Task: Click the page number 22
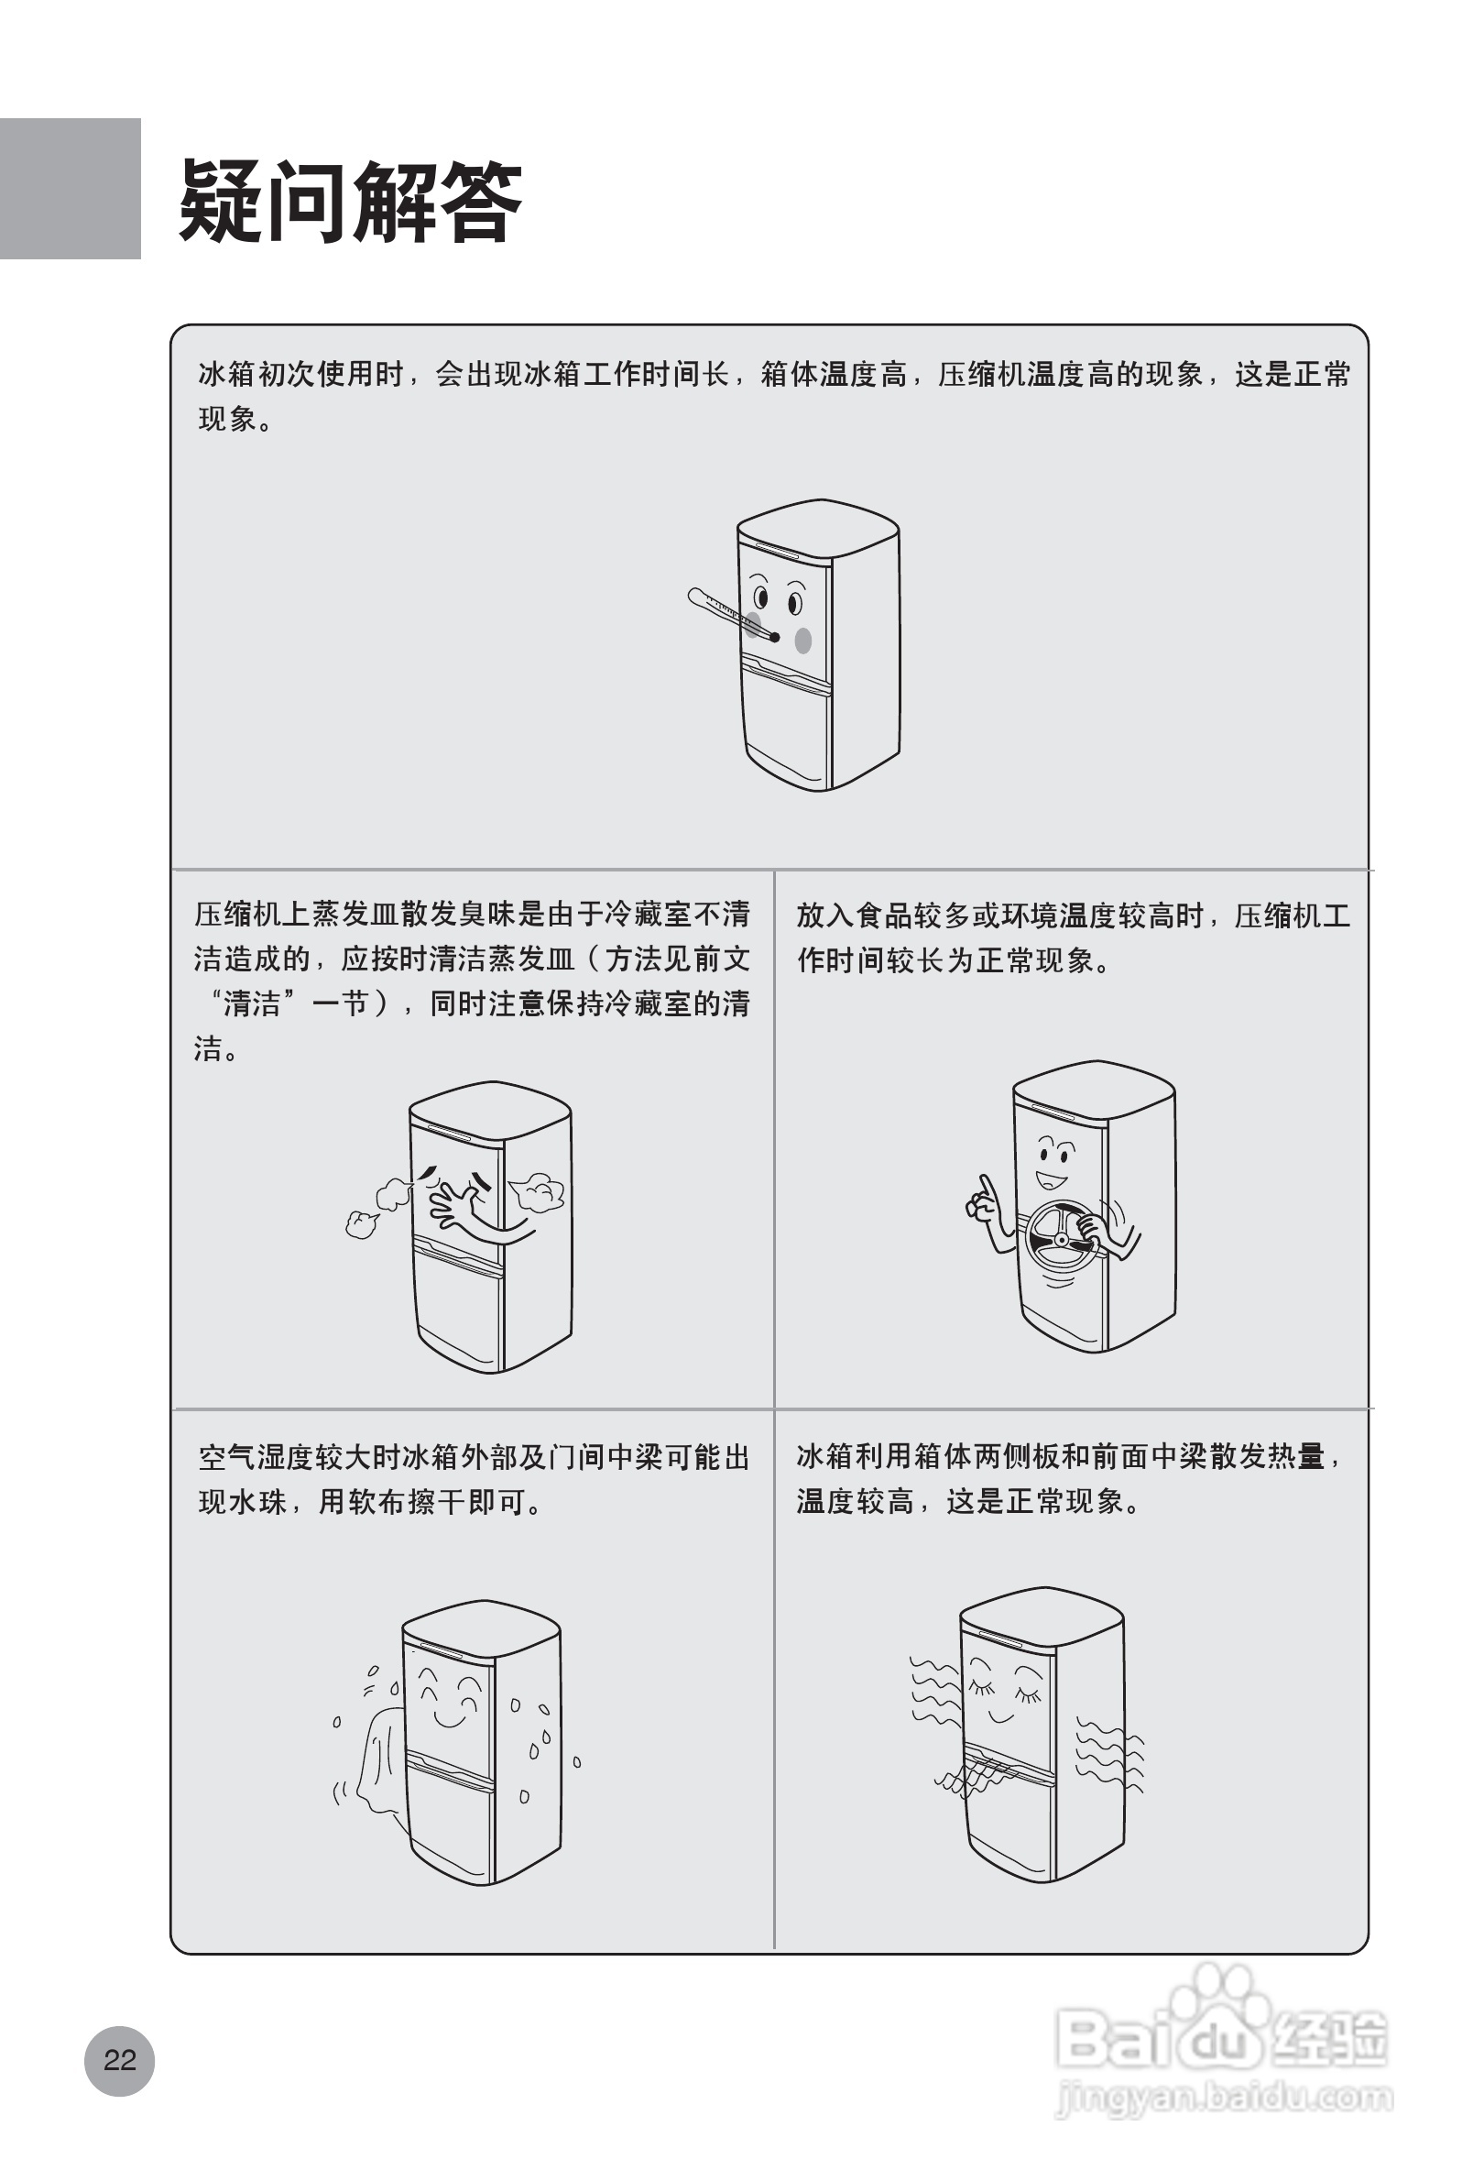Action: [119, 2060]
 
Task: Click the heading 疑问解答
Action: [350, 201]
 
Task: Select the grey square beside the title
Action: [70, 188]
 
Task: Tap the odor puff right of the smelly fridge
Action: [537, 1192]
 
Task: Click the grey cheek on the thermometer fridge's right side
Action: [803, 640]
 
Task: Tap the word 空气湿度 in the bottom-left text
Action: [256, 1457]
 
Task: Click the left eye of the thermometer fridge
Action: [760, 597]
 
